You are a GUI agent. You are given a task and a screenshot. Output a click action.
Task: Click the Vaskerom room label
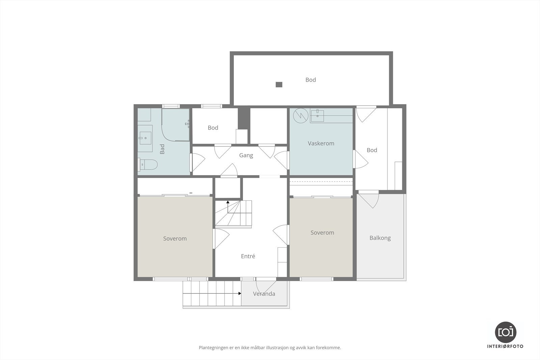coord(321,143)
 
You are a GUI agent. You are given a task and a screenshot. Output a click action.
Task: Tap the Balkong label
coord(380,238)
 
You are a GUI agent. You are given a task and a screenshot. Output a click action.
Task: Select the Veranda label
coord(264,294)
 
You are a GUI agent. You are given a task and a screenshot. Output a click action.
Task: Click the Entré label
coord(248,256)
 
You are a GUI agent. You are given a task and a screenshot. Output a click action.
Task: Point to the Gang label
coord(246,156)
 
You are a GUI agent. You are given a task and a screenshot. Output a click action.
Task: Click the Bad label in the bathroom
coord(162,149)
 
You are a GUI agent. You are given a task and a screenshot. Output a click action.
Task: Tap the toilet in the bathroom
coord(147,165)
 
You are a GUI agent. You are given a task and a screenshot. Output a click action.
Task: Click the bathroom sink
coord(145,138)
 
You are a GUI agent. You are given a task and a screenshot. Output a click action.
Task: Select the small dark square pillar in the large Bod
coord(279,85)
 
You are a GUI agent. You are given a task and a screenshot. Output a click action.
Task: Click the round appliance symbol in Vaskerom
coord(301,116)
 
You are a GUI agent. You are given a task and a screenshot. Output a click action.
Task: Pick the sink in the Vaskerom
coord(317,116)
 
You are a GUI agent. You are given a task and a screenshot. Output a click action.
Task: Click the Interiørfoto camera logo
coord(506,332)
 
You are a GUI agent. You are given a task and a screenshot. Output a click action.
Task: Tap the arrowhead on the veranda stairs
coord(240,294)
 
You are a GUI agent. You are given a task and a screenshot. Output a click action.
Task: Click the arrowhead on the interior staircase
coord(228,202)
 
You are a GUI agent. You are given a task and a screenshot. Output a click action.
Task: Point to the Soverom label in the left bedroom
coord(175,239)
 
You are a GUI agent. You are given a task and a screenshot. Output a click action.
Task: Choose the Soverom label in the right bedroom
coord(322,232)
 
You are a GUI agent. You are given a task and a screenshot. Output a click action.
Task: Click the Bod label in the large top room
coord(310,80)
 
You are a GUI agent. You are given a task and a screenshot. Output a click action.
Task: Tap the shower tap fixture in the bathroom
coord(187,124)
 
